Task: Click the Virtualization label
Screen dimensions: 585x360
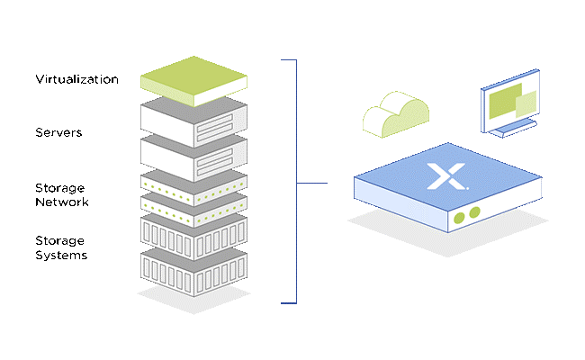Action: click(76, 79)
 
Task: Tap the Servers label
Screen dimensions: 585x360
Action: click(58, 132)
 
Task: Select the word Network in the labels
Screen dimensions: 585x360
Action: click(62, 202)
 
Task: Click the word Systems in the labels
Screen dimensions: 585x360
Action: click(61, 256)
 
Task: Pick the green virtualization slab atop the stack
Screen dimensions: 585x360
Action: click(193, 81)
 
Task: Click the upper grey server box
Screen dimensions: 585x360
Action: click(193, 122)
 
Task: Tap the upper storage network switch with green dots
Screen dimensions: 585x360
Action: click(193, 187)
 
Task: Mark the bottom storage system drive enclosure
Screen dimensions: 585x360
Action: click(193, 273)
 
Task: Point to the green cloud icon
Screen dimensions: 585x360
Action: click(396, 114)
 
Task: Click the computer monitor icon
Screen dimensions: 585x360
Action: click(510, 103)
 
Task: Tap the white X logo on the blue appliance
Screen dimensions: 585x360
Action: click(447, 175)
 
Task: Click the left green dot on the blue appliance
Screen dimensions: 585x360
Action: click(459, 218)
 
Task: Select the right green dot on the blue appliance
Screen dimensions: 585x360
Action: click(474, 212)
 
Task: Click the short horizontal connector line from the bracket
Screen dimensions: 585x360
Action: click(312, 183)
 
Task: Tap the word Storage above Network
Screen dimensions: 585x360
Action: click(59, 188)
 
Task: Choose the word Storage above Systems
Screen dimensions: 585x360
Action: click(59, 241)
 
